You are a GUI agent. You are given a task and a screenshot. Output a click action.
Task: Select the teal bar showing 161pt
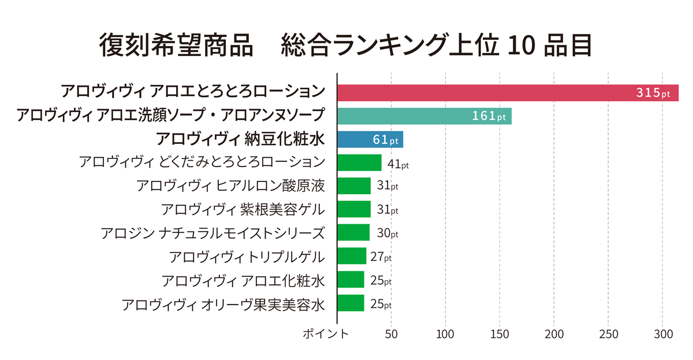pos(424,116)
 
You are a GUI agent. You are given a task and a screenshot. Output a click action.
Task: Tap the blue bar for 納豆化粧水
pos(370,140)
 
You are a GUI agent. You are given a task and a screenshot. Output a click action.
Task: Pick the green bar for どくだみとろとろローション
pos(359,163)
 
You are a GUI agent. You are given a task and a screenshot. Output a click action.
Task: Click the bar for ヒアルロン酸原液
pos(353,186)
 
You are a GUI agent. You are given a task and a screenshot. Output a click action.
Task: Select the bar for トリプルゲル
pos(351,256)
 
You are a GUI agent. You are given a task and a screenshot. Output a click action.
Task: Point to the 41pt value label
pos(398,165)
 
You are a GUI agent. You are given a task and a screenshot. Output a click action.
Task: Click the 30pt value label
pos(388,233)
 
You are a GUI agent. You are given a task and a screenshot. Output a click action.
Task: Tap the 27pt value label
pos(381,257)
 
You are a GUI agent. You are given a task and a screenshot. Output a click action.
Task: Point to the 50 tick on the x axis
pos(391,334)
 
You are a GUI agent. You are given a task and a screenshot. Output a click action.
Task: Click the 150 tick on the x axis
pos(500,334)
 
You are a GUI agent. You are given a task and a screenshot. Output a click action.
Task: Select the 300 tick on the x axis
pos(662,334)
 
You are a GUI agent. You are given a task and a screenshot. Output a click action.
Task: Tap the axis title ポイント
pos(326,334)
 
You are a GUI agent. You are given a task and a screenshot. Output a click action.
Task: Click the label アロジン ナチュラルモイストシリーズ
pos(213,233)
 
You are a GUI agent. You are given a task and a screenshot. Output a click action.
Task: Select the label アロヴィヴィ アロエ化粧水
pos(243,280)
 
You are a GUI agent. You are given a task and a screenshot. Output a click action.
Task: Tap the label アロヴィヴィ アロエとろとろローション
pos(193,91)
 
